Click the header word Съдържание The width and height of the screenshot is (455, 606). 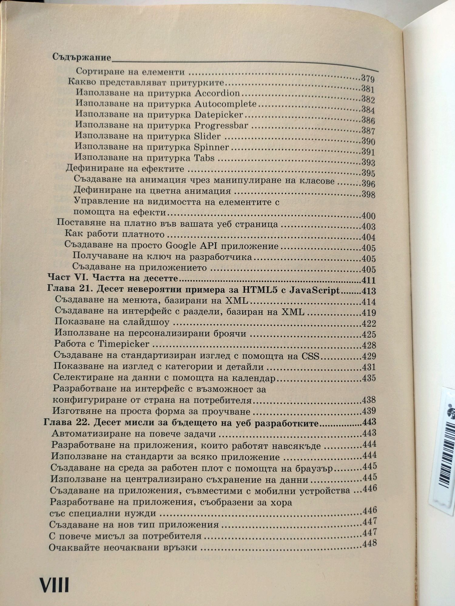tap(81, 57)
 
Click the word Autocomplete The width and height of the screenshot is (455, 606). tap(225, 104)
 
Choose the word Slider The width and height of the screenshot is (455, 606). tap(207, 136)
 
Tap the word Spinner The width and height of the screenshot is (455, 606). tap(211, 147)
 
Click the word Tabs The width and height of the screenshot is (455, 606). tap(204, 158)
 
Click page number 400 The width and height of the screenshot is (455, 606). tap(369, 216)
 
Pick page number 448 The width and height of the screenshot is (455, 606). tap(369, 543)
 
